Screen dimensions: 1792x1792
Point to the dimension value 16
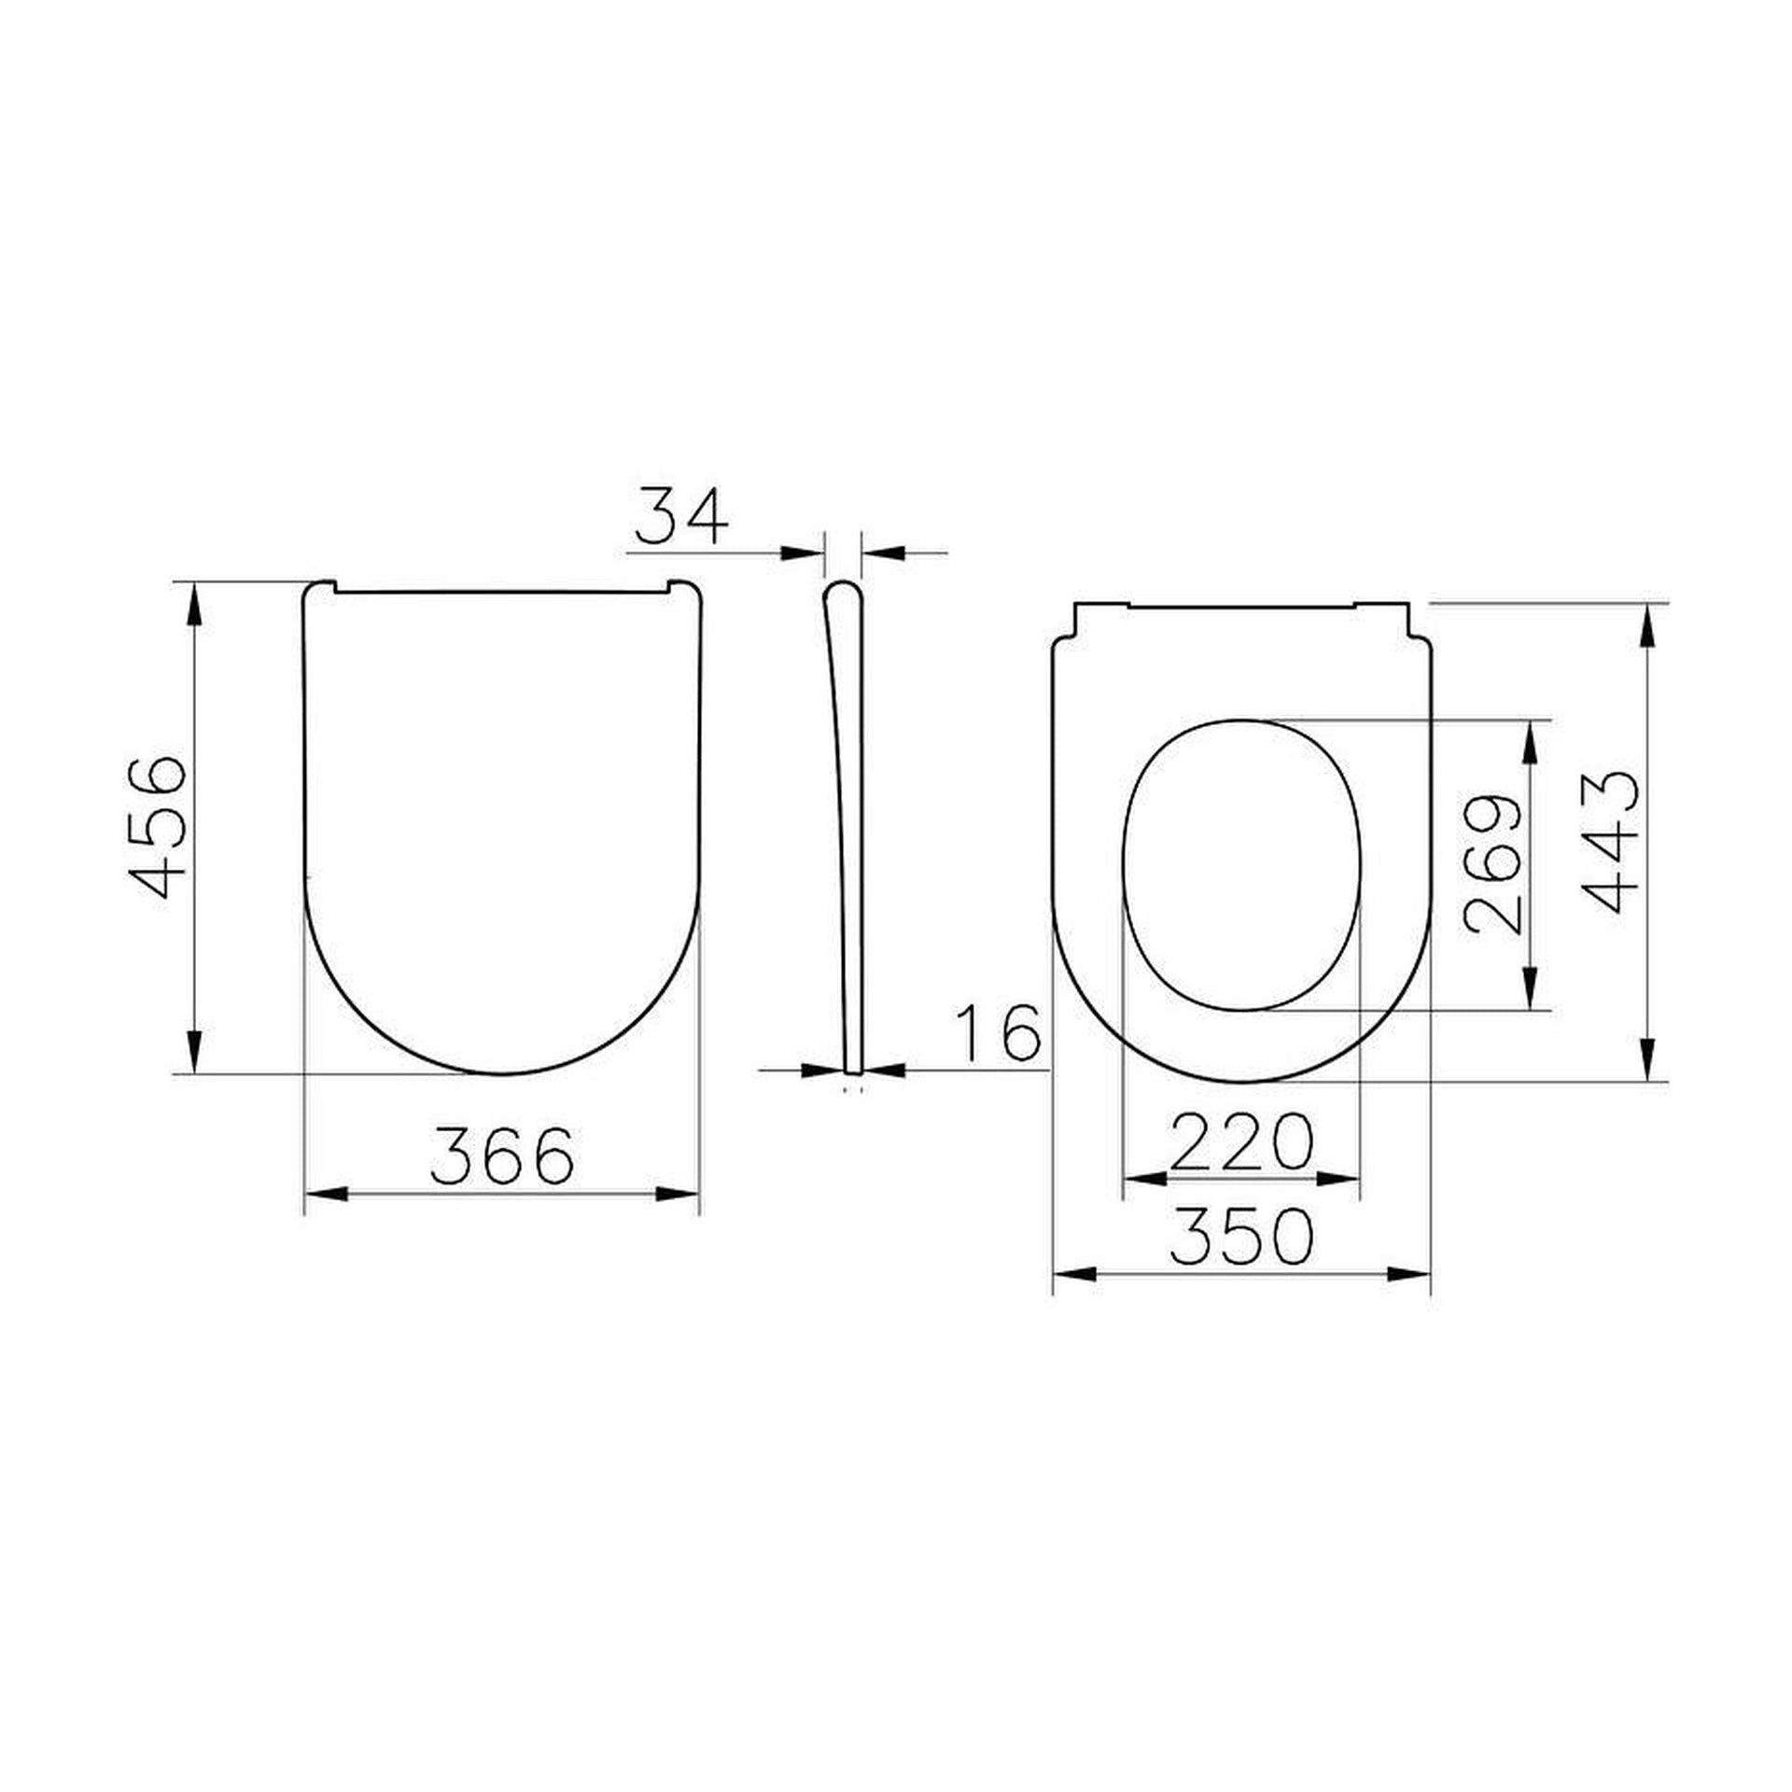[1000, 1033]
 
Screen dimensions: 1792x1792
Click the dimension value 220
[1241, 1142]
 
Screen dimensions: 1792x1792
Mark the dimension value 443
[1609, 842]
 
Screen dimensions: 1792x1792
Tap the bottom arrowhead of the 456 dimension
[193, 1052]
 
